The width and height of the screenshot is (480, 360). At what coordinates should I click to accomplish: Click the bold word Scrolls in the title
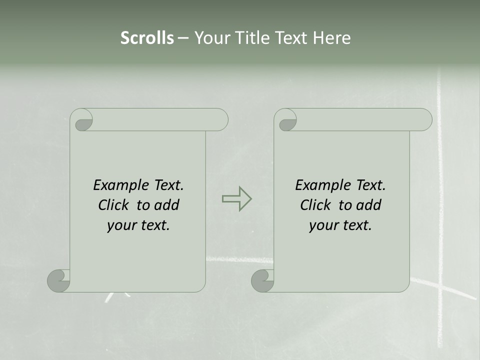point(147,38)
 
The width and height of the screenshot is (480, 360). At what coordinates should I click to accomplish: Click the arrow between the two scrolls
point(236,199)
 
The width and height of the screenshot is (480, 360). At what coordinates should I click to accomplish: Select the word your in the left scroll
point(121,226)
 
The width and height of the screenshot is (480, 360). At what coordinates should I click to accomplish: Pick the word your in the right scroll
point(323,226)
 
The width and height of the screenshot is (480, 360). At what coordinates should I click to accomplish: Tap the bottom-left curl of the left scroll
point(59,280)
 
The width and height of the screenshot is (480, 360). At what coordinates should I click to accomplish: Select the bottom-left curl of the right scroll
point(262,280)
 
